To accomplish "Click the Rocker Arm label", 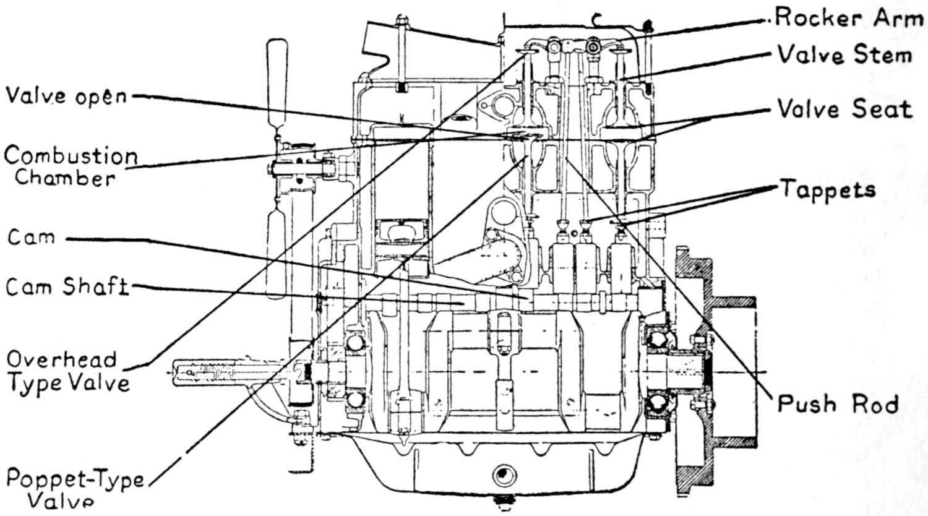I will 849,19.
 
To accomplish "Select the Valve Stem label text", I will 844,55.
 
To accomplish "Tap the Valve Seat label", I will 844,110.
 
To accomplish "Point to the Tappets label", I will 828,189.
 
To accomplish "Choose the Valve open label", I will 66,97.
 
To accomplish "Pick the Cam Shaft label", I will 67,287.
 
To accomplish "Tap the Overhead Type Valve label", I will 68,371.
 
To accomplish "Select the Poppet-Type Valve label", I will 74,489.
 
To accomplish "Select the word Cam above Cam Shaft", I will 31,238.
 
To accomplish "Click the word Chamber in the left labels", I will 66,178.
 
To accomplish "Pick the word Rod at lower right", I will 875,405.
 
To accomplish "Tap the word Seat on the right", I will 886,110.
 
